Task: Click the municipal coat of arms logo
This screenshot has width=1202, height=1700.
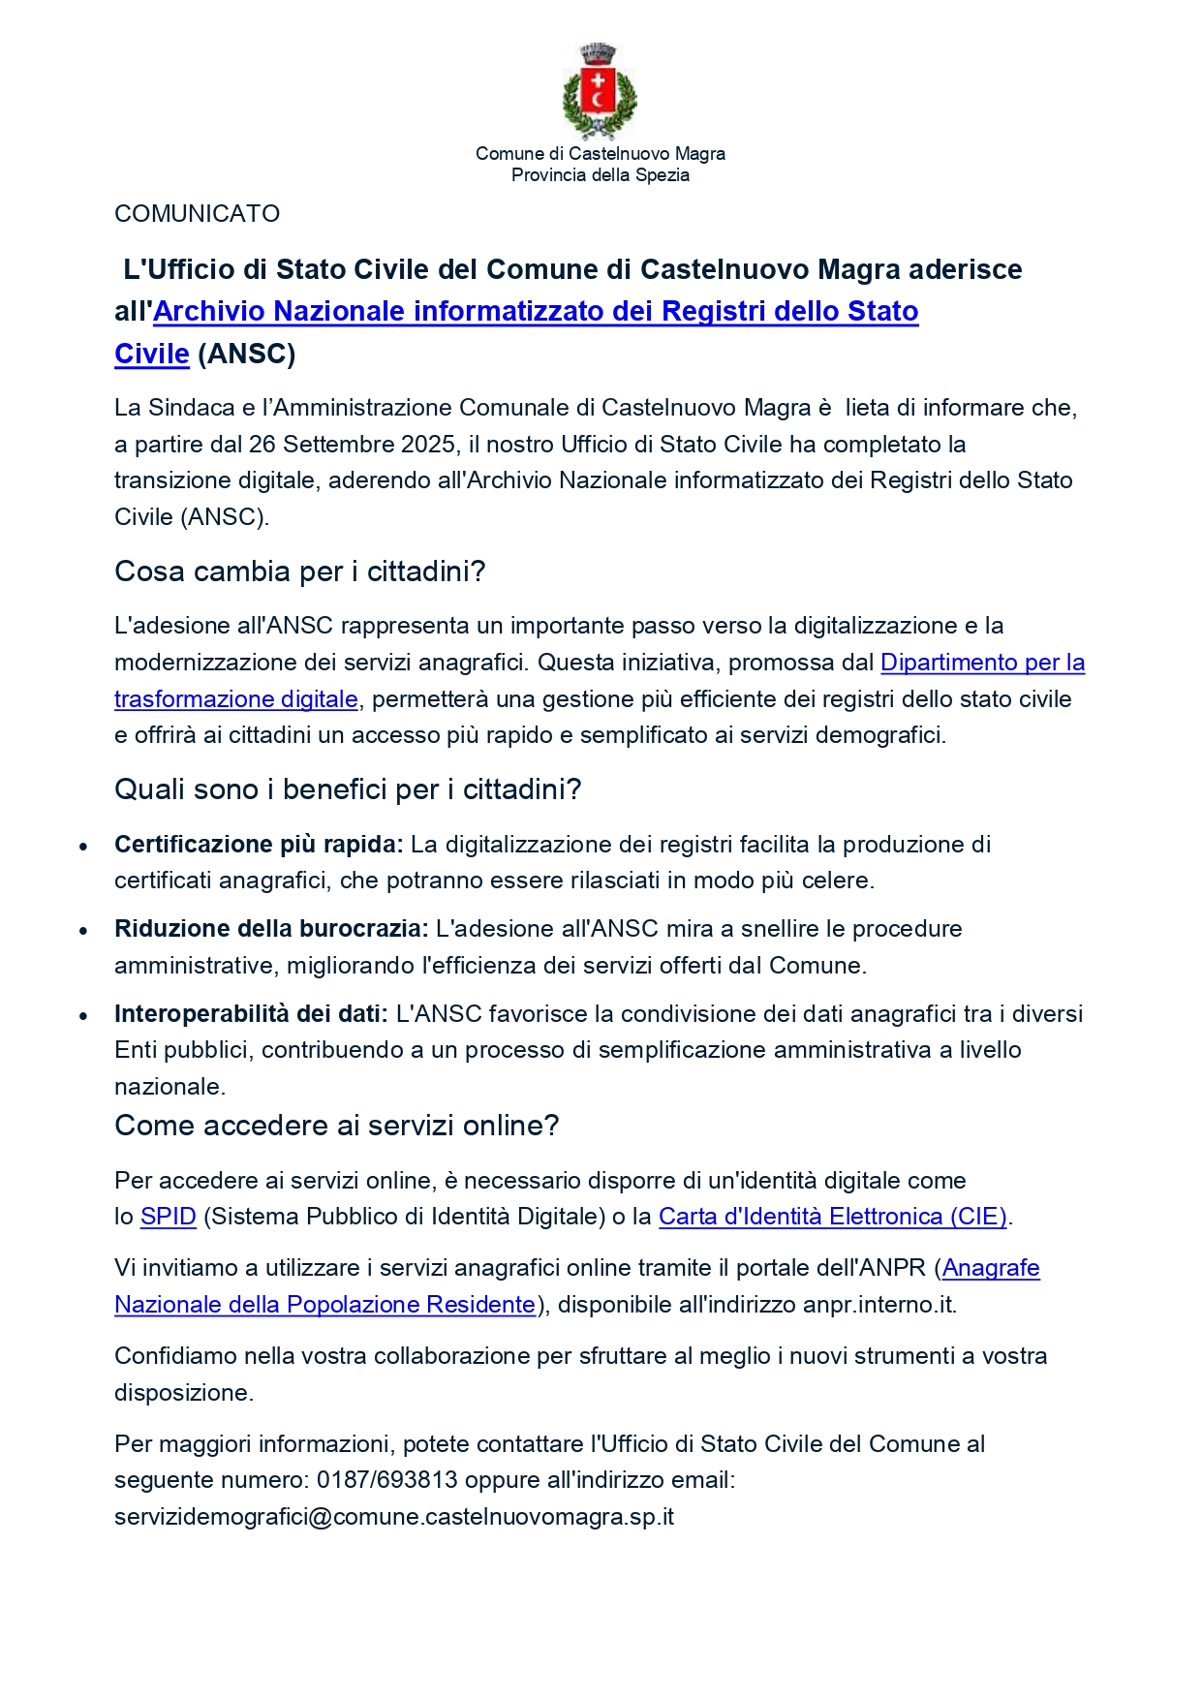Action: [600, 92]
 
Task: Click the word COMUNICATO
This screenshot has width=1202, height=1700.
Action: [197, 214]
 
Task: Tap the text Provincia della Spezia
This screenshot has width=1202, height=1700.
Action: [600, 175]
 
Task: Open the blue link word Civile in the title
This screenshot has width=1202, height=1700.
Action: [151, 355]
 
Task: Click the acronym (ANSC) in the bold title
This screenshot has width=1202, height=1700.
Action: [246, 355]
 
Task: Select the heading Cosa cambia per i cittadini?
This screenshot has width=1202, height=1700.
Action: [299, 572]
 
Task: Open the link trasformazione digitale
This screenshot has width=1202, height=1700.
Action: [236, 699]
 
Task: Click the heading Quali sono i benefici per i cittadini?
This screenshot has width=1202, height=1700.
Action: [348, 789]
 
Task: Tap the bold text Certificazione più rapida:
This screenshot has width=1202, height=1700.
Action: [259, 845]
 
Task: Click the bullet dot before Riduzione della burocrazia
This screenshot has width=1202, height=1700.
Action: [84, 931]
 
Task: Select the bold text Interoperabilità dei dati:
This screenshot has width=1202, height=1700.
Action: [251, 1014]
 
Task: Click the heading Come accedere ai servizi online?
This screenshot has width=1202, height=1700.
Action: [336, 1126]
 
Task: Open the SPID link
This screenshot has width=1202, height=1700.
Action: [169, 1217]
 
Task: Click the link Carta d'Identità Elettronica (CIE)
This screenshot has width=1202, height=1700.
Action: [832, 1217]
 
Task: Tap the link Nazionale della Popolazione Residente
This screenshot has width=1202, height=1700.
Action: [324, 1305]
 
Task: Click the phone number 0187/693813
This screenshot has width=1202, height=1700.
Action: [386, 1480]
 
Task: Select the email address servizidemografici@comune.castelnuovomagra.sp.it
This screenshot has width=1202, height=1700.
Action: [393, 1517]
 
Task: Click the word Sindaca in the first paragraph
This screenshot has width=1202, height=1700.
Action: [191, 408]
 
